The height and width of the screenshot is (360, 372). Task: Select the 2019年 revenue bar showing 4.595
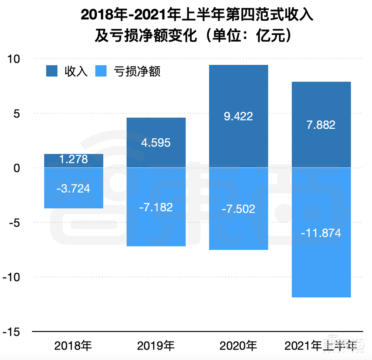pyautogui.click(x=156, y=143)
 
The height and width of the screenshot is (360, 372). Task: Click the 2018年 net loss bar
pyautogui.click(x=73, y=188)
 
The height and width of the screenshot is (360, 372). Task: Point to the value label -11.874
pyautogui.click(x=321, y=234)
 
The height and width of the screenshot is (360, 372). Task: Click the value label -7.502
pyautogui.click(x=238, y=209)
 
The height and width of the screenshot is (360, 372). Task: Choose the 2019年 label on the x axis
pyautogui.click(x=156, y=346)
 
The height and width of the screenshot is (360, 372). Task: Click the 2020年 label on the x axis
pyautogui.click(x=238, y=346)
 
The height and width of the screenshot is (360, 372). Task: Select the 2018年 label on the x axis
pyautogui.click(x=73, y=346)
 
